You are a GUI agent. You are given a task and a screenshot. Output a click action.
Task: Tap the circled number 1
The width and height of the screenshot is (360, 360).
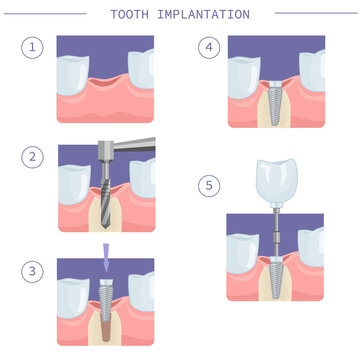33,48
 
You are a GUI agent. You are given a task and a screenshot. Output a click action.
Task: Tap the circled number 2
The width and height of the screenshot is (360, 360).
33,156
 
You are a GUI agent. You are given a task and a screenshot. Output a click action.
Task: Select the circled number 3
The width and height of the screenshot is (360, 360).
33,270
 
